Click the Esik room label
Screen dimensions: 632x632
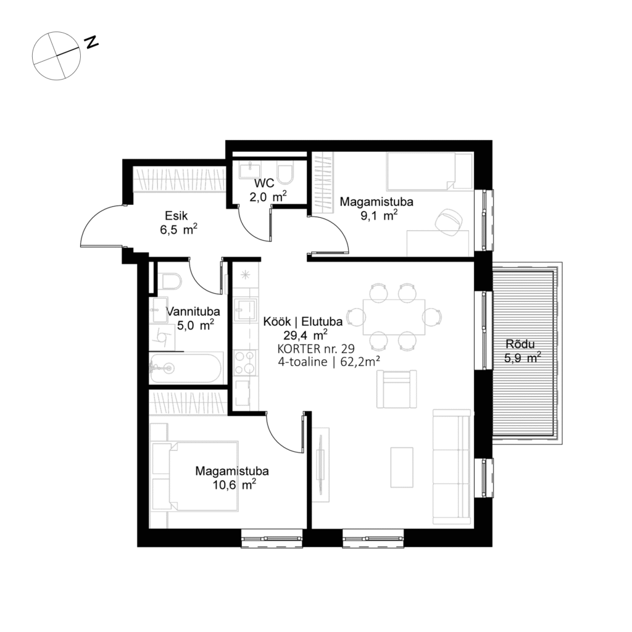176,215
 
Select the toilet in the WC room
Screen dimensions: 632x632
286,173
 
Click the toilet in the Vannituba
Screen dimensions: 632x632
168,281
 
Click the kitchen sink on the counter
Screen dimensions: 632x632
245,308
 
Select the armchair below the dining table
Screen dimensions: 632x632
396,389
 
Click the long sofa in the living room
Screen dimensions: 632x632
452,463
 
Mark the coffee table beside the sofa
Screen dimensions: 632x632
402,467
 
